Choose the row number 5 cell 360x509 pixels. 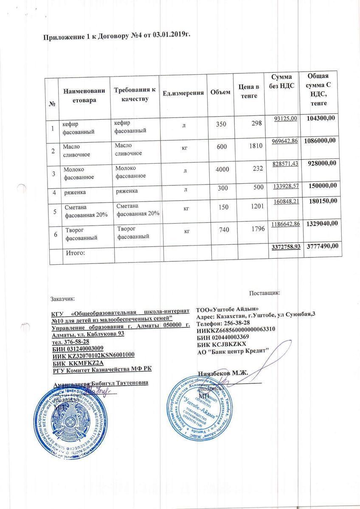pos(54,210)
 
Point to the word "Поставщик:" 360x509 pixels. pos(264,292)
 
